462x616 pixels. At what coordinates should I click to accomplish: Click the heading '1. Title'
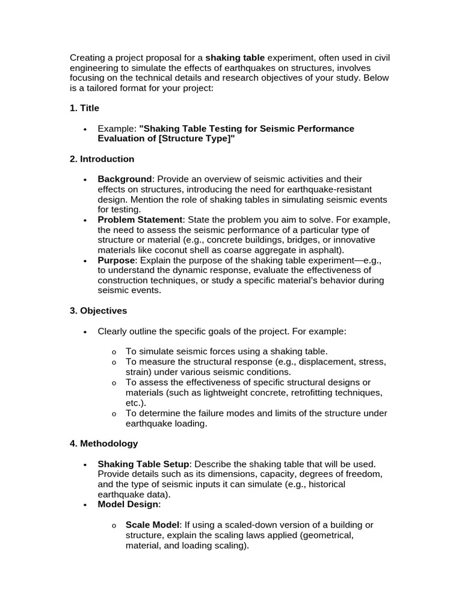tap(84, 108)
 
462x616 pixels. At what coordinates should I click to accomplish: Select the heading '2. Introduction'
tap(102, 159)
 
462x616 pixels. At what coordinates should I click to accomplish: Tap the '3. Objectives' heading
tap(98, 311)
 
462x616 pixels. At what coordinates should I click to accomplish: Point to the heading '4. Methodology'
tap(103, 443)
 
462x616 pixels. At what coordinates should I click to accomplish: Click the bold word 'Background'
tap(125, 179)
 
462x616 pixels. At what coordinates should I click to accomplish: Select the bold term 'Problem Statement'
tap(140, 220)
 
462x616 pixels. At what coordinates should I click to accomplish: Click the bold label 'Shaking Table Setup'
tap(144, 464)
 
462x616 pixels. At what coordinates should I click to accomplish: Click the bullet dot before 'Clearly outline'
tap(85, 332)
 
